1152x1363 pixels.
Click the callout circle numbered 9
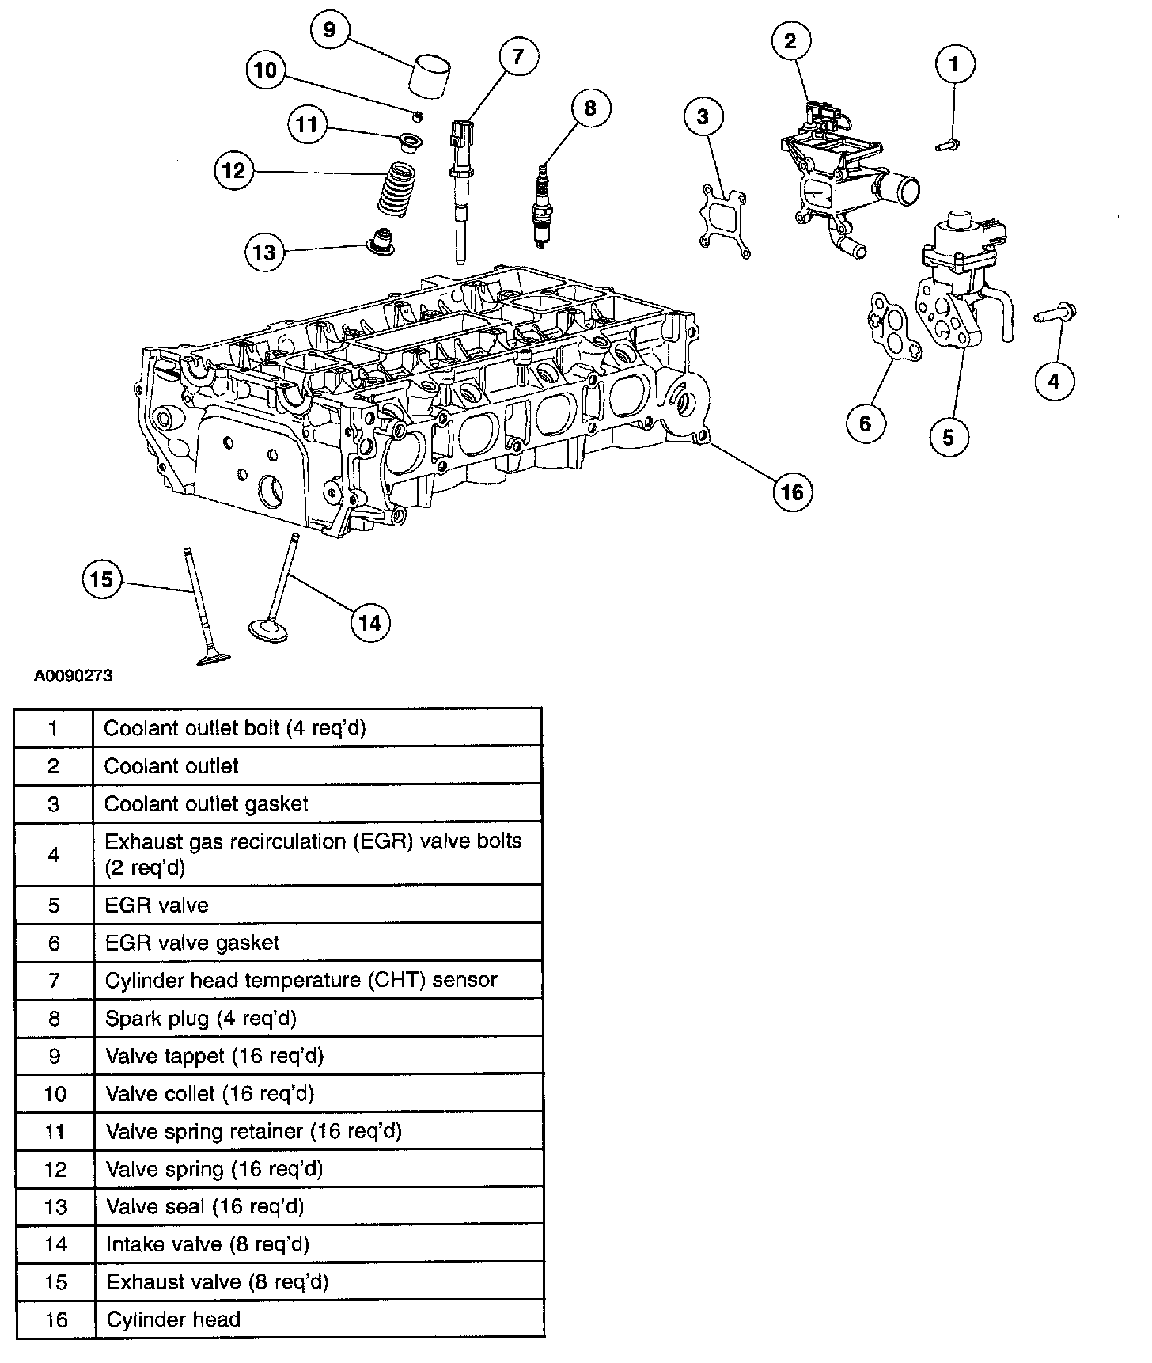pos(329,30)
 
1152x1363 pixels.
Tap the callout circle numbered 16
pos(792,492)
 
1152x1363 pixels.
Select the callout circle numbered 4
pos(1054,382)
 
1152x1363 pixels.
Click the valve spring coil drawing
pos(398,188)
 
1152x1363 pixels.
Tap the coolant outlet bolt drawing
pos(947,144)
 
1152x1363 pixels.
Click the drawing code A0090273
pos(73,676)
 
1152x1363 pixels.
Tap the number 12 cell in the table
pos(55,1169)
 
